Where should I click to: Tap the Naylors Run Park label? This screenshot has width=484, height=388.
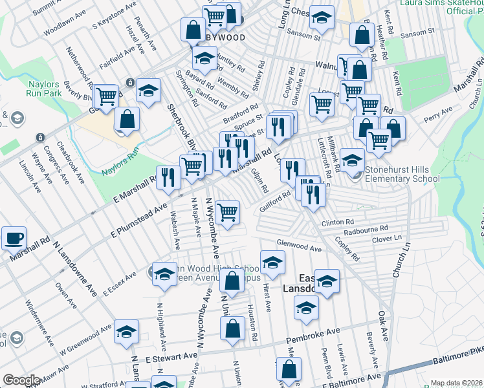click(43, 88)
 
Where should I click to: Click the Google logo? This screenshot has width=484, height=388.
click(21, 380)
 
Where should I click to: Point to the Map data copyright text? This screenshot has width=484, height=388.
click(456, 383)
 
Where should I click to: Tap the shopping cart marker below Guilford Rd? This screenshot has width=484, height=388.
click(227, 212)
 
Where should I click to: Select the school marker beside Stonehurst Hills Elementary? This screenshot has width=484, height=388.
click(353, 160)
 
